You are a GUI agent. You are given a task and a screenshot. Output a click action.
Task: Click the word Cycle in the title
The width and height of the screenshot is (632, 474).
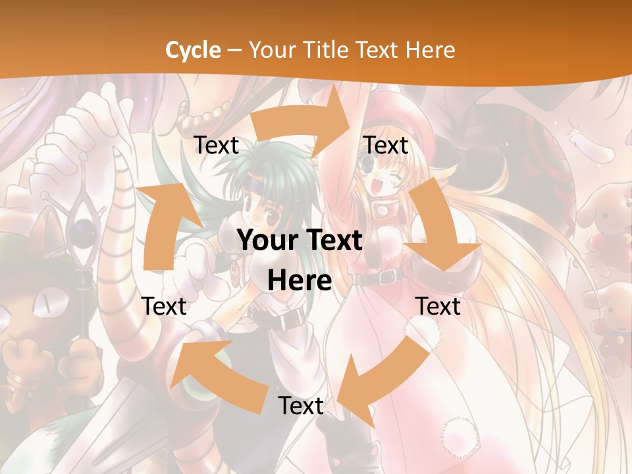point(193,50)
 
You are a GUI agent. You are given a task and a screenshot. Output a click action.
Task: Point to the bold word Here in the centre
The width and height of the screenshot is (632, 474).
point(300,281)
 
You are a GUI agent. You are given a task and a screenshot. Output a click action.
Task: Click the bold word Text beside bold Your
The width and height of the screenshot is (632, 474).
point(333,241)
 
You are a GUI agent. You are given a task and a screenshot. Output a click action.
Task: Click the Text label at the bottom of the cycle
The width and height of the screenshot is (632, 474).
point(300,406)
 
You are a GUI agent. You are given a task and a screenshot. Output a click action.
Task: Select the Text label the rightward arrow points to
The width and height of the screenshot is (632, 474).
point(386,145)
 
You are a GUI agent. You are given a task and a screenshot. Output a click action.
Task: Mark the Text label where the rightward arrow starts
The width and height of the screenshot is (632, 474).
point(216,145)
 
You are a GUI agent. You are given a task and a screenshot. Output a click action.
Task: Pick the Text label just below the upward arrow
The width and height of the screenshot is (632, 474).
point(164,306)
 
